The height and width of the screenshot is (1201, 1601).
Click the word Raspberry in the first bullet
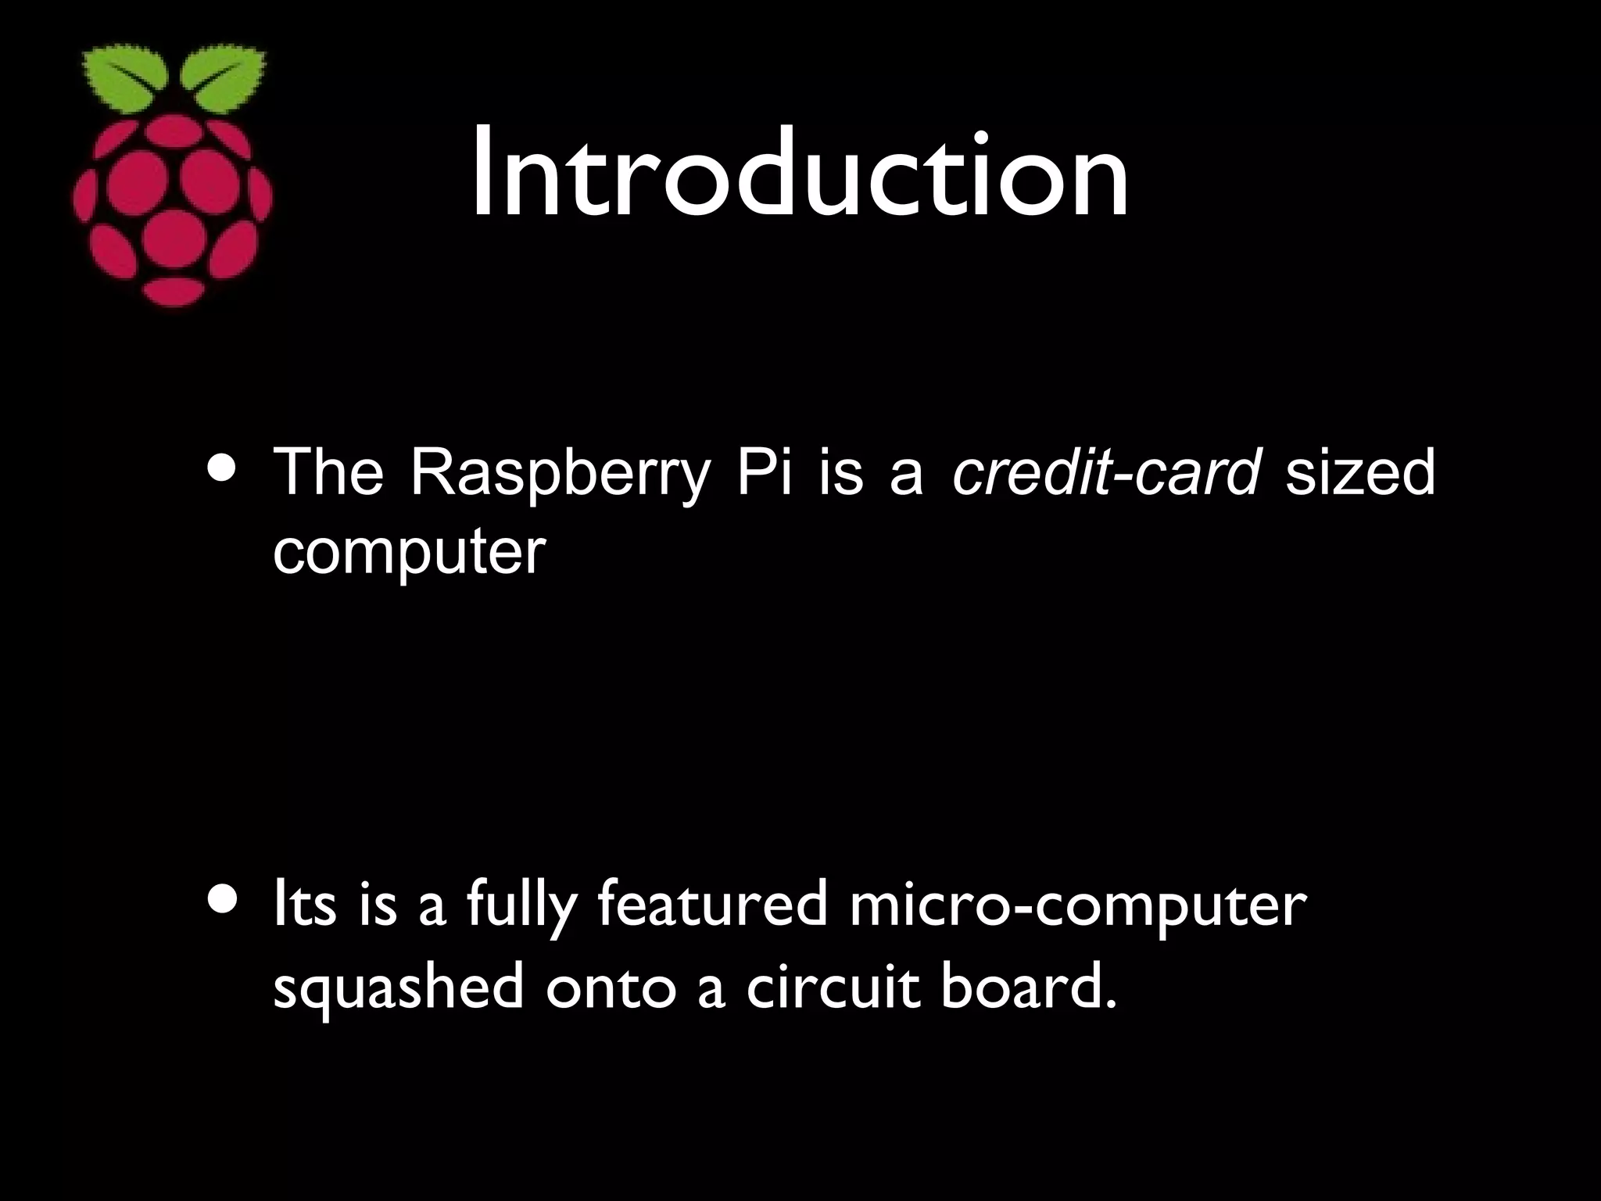[558, 474]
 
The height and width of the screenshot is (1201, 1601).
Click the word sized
[1360, 474]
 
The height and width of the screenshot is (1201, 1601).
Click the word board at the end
[1026, 987]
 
